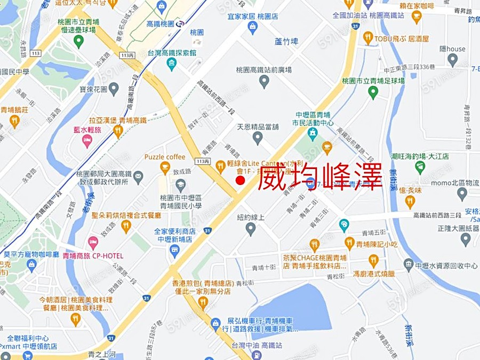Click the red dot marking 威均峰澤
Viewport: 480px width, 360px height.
[240, 181]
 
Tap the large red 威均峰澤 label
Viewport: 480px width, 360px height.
[320, 177]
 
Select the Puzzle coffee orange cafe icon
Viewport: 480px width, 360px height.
[165, 167]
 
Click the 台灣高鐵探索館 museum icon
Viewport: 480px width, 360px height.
[172, 65]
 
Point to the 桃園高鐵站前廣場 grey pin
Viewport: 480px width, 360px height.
[263, 81]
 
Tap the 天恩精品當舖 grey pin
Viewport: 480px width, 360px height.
[258, 138]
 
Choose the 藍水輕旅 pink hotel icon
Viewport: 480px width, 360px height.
[87, 140]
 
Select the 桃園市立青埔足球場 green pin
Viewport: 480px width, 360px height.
[373, 92]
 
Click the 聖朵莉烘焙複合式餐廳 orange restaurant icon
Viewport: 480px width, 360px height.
[126, 226]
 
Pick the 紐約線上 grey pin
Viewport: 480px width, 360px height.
[251, 229]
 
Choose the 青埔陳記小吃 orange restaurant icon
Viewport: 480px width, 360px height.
[349, 244]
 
